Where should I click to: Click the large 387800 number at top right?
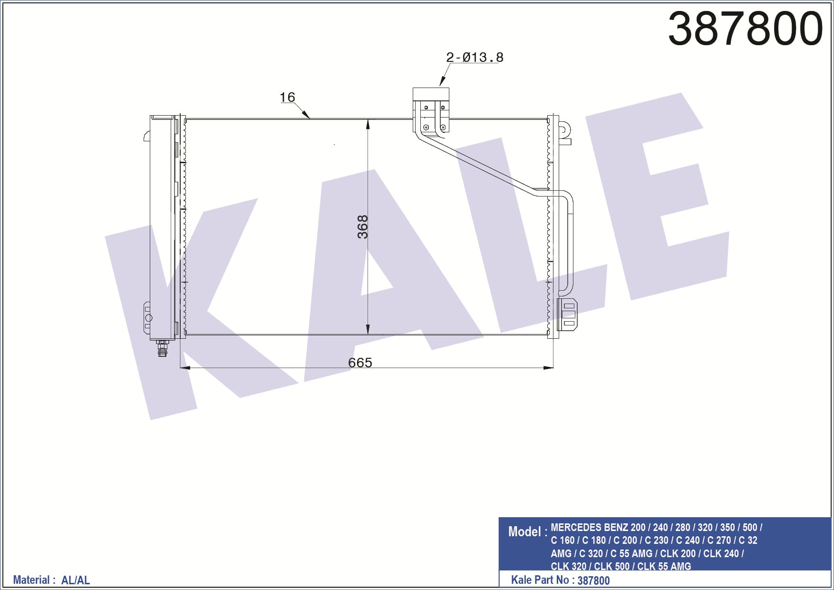click(745, 28)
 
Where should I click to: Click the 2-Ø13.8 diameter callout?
click(475, 57)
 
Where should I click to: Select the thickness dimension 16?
click(287, 97)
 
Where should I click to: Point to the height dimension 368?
click(362, 227)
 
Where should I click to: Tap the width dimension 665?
click(360, 363)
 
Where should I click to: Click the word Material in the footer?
click(31, 580)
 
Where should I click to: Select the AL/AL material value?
click(76, 580)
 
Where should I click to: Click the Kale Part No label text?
click(540, 580)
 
